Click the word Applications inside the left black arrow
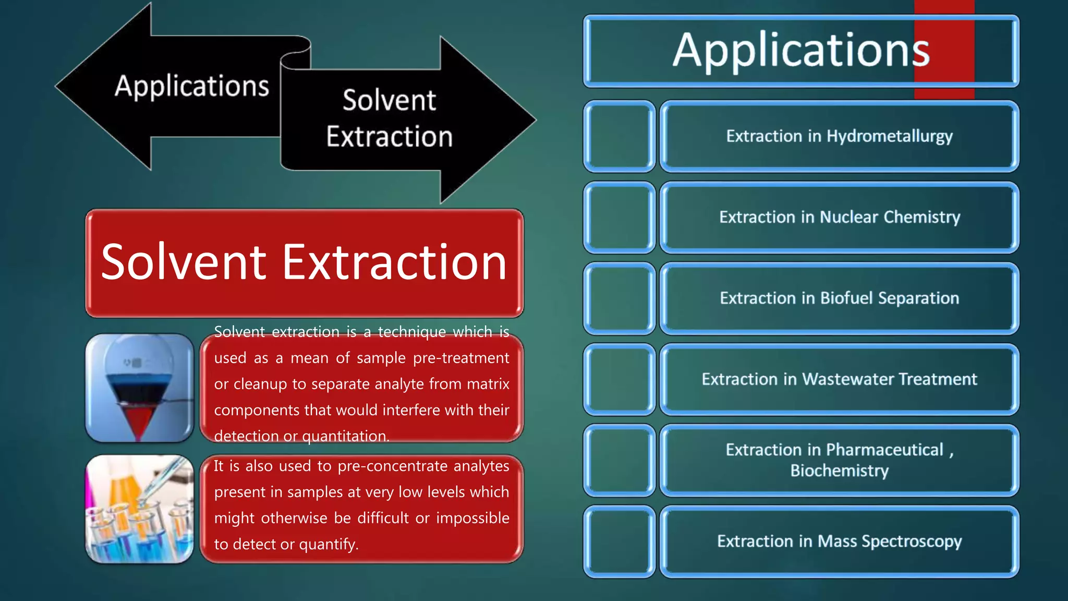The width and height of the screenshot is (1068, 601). pos(191,86)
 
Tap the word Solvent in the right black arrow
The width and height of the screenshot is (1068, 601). pos(389,100)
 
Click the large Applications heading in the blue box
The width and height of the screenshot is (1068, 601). pos(801,50)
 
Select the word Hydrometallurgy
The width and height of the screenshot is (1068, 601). pos(890,136)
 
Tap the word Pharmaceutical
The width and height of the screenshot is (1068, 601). pos(884,450)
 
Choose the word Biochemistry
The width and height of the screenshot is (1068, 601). pos(839,471)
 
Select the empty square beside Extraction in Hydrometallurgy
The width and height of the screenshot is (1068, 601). pos(619,136)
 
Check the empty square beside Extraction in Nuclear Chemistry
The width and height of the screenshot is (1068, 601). pos(619,217)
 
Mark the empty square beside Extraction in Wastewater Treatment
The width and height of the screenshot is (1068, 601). pos(619,379)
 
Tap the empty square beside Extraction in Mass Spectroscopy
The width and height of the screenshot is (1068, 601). pos(619,542)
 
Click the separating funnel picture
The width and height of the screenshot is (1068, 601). pos(139,388)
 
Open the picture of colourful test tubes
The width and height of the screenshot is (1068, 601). pos(139,509)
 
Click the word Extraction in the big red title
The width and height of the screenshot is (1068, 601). pos(394,262)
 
